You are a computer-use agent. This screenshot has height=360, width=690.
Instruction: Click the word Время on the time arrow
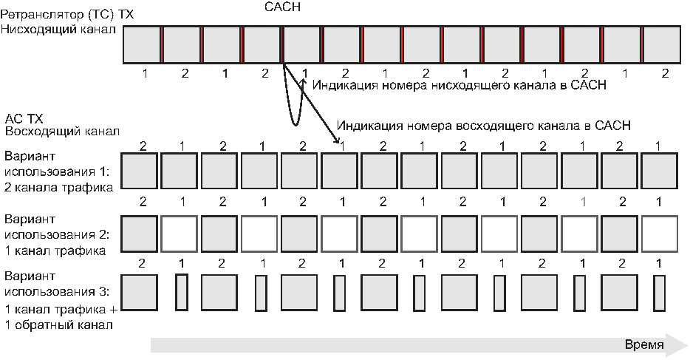point(644,344)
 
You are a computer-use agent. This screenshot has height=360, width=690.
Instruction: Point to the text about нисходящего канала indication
point(460,85)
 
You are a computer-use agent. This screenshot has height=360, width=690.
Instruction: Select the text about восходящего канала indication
point(484,125)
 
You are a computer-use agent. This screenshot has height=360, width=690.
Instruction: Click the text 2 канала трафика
point(58,188)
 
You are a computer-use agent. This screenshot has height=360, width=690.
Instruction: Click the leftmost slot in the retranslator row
point(142,45)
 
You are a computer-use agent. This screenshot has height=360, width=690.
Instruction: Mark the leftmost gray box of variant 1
point(140,171)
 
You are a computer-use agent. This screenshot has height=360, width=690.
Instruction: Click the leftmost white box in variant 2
point(180,235)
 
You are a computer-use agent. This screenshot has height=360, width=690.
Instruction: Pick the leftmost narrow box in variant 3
point(181,293)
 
